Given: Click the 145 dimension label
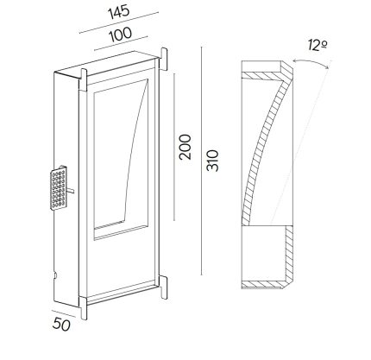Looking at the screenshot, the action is (x=119, y=13).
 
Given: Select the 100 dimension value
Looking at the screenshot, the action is (x=121, y=35).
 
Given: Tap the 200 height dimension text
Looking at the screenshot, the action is (x=185, y=147).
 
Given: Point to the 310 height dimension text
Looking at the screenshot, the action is (x=213, y=161).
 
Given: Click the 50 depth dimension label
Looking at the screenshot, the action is (x=61, y=325).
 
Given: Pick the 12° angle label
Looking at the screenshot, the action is (x=318, y=46).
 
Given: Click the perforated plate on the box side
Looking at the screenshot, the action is (x=59, y=187).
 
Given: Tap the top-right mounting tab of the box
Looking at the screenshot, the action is (x=163, y=60).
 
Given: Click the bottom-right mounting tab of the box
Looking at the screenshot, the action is (x=163, y=287).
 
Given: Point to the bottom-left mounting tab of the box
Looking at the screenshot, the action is (x=83, y=308).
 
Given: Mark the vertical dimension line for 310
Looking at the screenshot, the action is (x=201, y=161).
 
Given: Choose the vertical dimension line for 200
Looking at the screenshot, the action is (x=174, y=147).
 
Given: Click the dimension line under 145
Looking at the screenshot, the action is (x=119, y=22).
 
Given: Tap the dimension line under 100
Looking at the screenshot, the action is (x=121, y=43).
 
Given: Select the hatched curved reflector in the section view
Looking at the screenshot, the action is (x=265, y=148).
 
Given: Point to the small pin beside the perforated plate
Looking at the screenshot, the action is (x=71, y=190).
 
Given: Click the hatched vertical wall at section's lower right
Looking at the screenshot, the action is (x=289, y=253).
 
